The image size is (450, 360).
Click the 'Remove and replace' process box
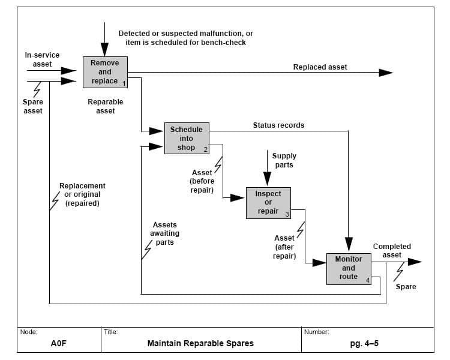(105, 72)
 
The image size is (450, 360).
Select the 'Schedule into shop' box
(187, 139)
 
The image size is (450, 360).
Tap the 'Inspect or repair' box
(268, 203)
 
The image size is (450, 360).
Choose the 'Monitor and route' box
(349, 268)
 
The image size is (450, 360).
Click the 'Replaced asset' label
(320, 67)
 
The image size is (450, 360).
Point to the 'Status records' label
(278, 125)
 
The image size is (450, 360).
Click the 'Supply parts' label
(284, 160)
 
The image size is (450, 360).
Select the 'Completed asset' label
(392, 251)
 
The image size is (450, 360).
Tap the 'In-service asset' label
(38, 59)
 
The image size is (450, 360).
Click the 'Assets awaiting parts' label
(165, 233)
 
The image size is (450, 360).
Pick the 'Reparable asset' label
(106, 106)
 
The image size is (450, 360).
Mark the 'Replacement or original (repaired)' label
(82, 195)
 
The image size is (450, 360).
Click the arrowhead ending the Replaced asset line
(386, 73)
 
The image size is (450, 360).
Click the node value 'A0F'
(58, 344)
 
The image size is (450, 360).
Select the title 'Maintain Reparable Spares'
(200, 344)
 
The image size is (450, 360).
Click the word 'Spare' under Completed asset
(406, 287)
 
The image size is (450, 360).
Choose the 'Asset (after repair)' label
(284, 247)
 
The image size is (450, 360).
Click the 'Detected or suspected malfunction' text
(186, 34)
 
